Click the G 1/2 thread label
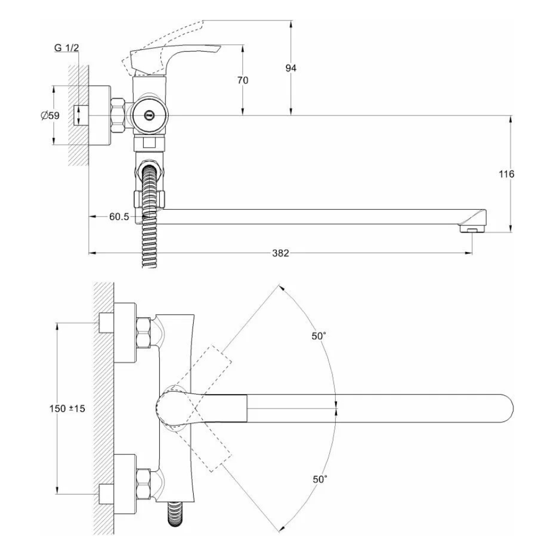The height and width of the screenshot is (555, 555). pos(67,48)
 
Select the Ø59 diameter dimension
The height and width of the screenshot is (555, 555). pos(50,115)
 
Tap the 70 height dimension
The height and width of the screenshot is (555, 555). pos(243,80)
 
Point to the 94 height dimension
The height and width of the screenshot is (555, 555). pos(291,68)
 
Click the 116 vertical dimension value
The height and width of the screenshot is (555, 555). pos(507,174)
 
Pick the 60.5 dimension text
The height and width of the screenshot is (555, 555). pos(119,217)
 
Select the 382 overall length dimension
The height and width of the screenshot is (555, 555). pos(281,253)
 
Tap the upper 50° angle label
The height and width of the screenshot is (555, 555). pos(319,336)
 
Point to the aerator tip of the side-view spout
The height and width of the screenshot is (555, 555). pos(472,229)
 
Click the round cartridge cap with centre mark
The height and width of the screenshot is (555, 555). pos(148,115)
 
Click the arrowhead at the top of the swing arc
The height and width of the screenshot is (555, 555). pos(280,289)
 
